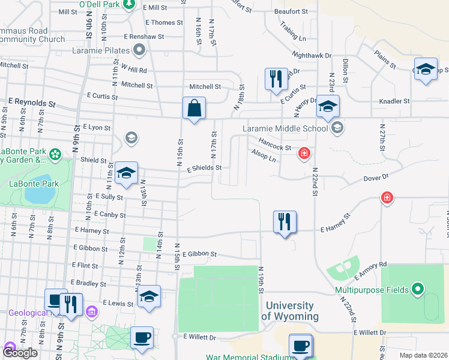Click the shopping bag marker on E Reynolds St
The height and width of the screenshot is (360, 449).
click(x=194, y=109)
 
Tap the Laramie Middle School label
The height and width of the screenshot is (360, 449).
click(x=285, y=127)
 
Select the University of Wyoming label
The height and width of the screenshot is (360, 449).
click(x=289, y=311)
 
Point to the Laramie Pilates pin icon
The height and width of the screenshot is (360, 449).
click(x=139, y=50)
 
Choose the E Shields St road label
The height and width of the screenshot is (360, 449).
click(x=204, y=168)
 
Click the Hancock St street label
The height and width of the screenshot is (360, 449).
click(x=274, y=145)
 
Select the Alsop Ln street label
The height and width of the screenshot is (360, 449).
click(x=264, y=156)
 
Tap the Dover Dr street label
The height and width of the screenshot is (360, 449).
click(x=376, y=178)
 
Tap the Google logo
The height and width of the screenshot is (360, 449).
click(x=20, y=353)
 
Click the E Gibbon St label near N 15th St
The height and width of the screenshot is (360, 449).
click(x=199, y=254)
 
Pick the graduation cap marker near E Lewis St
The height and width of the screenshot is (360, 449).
click(x=149, y=296)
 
